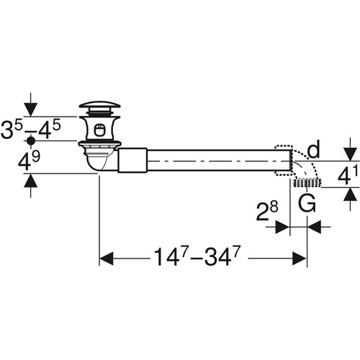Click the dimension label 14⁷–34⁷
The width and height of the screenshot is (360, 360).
click(x=197, y=257)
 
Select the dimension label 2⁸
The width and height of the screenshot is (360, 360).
click(x=267, y=211)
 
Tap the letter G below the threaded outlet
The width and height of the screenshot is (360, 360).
click(x=307, y=203)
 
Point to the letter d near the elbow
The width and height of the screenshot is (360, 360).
click(x=313, y=149)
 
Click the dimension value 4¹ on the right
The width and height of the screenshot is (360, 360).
click(x=348, y=174)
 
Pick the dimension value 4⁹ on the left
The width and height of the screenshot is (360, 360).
click(x=29, y=161)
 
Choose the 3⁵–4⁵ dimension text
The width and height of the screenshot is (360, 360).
click(x=30, y=130)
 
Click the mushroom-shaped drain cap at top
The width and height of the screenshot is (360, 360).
click(x=99, y=107)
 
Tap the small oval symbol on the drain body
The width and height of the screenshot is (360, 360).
click(x=99, y=130)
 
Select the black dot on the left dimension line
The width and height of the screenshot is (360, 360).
click(x=31, y=141)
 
